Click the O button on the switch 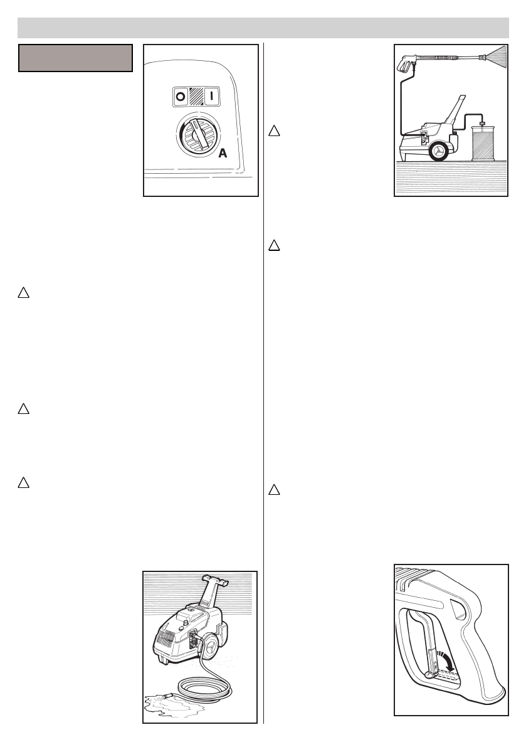pos(181,98)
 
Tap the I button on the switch pos(212,98)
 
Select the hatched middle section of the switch pos(196,98)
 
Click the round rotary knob pos(196,134)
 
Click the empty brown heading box pos(75,58)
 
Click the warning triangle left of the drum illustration pos(274,131)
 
